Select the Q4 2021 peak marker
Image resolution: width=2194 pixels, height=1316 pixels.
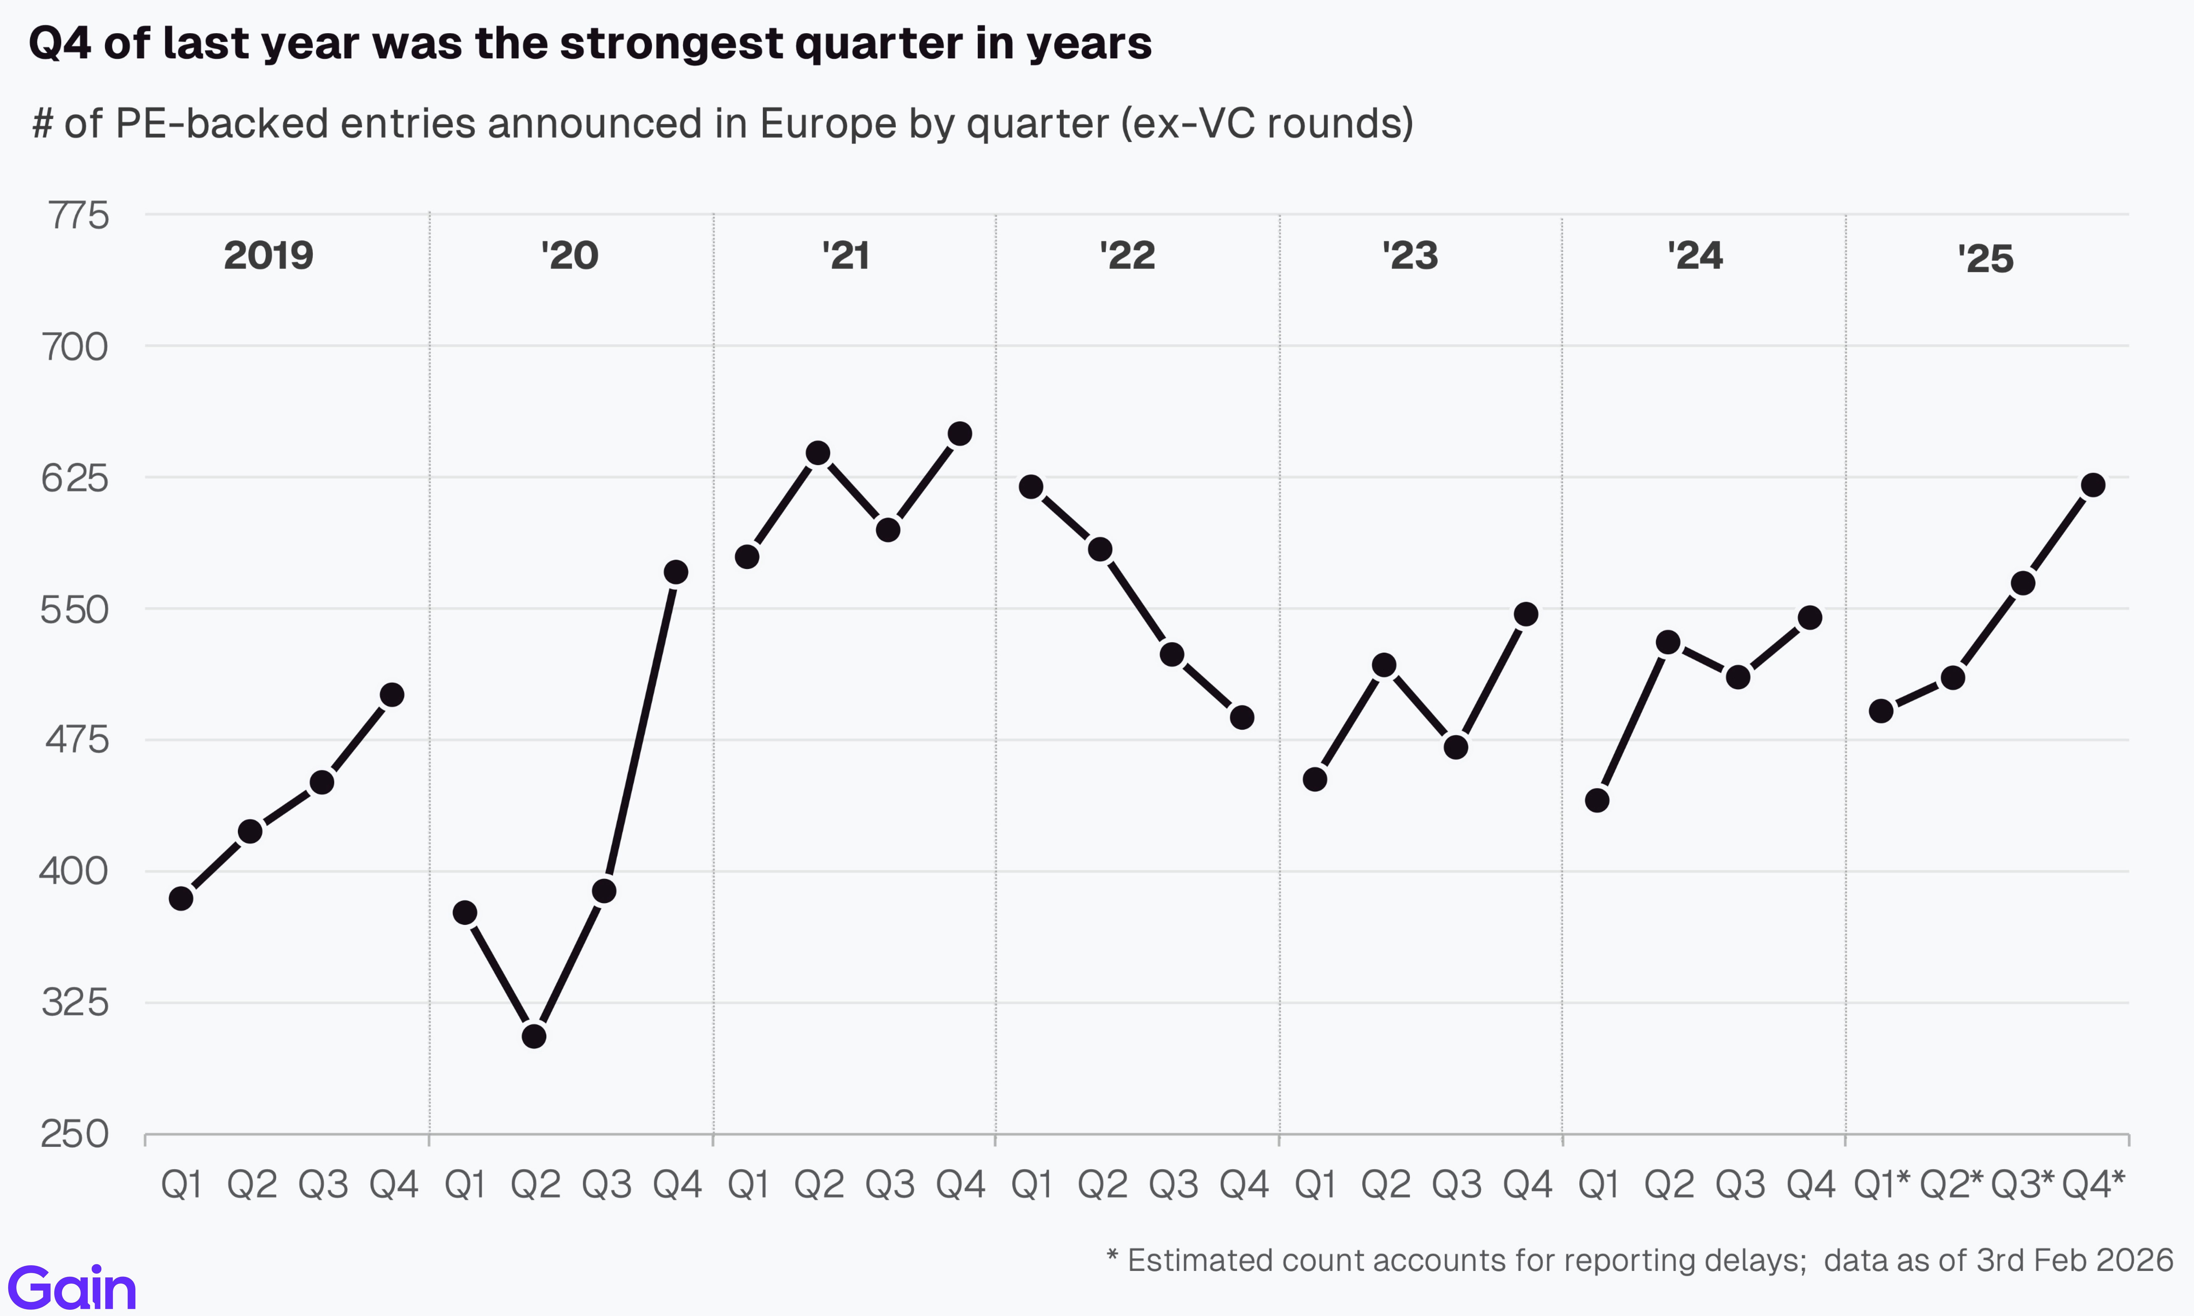click(x=959, y=434)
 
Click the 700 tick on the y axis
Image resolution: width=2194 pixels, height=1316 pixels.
click(x=75, y=347)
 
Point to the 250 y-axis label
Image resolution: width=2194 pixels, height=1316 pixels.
click(x=75, y=1134)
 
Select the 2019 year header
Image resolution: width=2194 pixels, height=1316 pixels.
click(x=268, y=255)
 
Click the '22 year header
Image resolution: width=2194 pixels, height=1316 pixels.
click(x=1127, y=255)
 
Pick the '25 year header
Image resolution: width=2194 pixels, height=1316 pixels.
click(x=1986, y=259)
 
